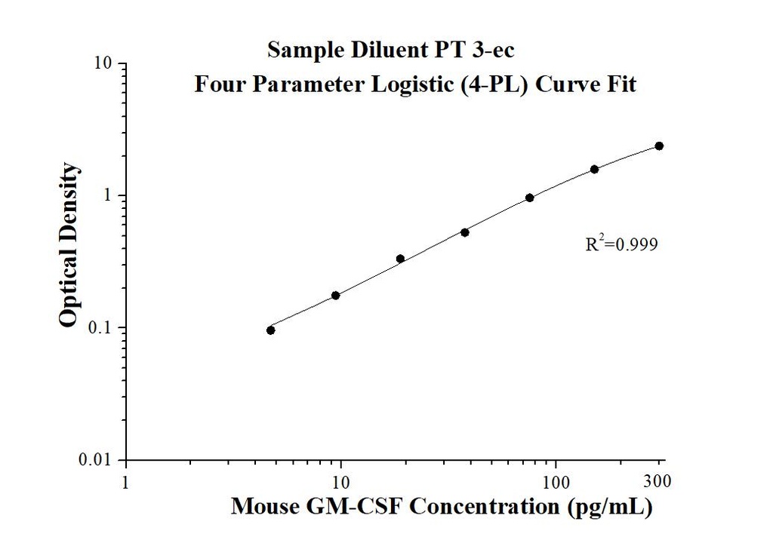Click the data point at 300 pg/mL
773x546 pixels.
(659, 146)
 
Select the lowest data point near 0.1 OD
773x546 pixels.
(271, 330)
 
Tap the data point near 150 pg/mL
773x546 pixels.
(594, 169)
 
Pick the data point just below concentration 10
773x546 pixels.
(336, 295)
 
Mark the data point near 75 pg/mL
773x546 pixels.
(530, 198)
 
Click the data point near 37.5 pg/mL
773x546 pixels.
(465, 232)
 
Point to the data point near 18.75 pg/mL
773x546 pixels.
(400, 259)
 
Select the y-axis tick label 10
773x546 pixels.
(103, 63)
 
